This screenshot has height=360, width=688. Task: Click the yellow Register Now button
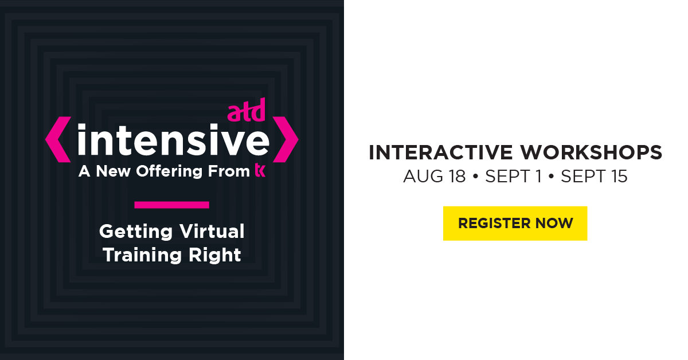(515, 224)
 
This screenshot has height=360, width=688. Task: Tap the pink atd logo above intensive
(246, 110)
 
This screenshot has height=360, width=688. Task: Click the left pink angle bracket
(58, 139)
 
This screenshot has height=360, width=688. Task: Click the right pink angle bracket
(286, 139)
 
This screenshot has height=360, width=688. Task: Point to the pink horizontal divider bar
(171, 205)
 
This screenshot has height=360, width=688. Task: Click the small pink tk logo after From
(260, 170)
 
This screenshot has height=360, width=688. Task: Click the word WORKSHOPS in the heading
(591, 152)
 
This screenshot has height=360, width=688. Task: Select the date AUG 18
(435, 177)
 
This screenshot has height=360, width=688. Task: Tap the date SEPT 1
(513, 177)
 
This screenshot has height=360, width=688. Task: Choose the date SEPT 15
(594, 177)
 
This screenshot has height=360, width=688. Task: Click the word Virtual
(212, 231)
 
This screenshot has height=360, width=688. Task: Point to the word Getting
(136, 232)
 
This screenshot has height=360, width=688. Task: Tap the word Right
(214, 256)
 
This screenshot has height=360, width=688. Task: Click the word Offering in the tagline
(169, 171)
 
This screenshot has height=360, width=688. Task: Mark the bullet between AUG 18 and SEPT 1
(475, 177)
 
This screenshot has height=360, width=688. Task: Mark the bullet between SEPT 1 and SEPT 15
(552, 177)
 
